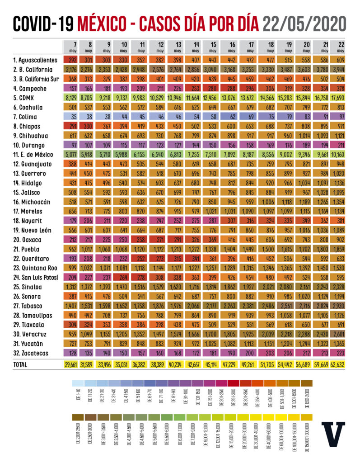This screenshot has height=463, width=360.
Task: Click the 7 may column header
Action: click(x=72, y=47)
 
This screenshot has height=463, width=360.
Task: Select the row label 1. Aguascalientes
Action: click(x=35, y=60)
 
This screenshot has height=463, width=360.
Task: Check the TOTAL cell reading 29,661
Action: click(x=72, y=364)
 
